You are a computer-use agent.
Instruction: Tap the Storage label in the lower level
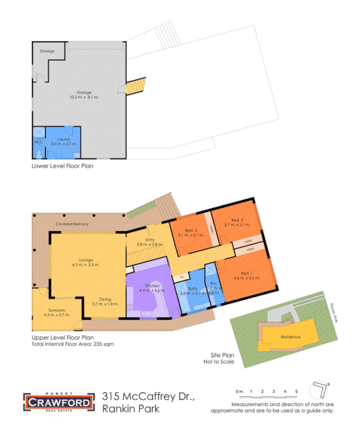coord(47,51)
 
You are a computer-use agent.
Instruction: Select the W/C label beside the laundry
coord(38,143)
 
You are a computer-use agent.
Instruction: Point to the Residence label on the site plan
coord(291,337)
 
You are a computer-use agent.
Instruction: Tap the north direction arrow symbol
coord(321,388)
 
